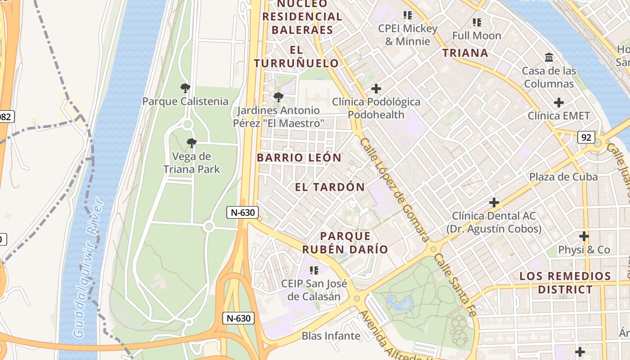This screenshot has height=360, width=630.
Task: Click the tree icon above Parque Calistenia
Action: click(185, 88)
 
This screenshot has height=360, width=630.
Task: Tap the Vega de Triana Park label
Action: click(192, 163)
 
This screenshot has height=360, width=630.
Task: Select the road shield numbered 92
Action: click(586, 137)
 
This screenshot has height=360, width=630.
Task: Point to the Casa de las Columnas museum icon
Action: click(549, 58)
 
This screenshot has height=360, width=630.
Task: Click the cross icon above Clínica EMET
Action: click(558, 103)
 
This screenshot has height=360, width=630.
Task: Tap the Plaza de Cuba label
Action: click(563, 176)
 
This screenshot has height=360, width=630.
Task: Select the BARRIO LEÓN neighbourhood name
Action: click(299, 157)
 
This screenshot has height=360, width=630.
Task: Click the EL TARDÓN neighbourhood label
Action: click(330, 187)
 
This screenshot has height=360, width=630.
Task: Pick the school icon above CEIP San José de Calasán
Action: click(314, 270)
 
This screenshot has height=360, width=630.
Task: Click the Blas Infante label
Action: click(331, 336)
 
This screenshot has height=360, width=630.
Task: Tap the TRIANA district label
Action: click(465, 53)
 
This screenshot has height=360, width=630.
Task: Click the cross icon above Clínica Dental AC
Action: click(494, 202)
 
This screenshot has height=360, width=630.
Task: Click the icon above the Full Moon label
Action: click(477, 22)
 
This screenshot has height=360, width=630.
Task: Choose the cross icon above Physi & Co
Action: click(584, 236)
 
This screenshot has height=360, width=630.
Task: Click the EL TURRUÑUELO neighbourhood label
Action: click(296, 56)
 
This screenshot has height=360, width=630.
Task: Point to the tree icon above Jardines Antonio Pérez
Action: click(279, 97)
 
